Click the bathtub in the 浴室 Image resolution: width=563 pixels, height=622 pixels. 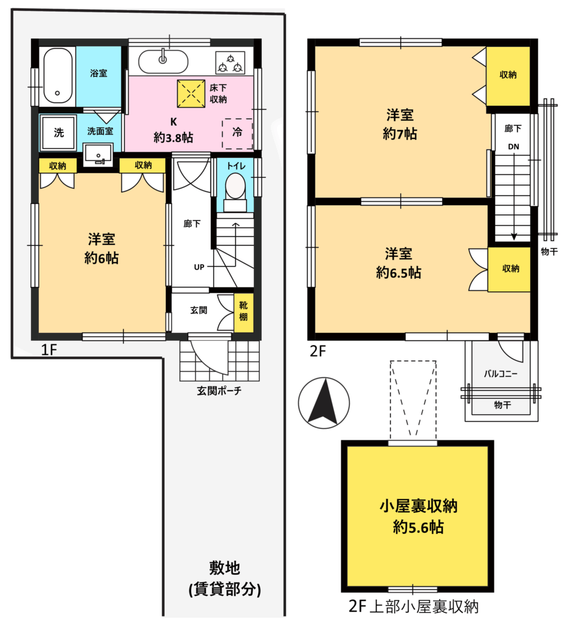coord(58,75)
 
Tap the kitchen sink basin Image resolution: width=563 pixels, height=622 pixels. coord(163,61)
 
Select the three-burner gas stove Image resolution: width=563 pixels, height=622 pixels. coord(230,63)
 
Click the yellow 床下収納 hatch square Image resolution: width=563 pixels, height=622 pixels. coord(191,94)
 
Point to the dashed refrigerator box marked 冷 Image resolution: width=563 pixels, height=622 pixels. coord(237,134)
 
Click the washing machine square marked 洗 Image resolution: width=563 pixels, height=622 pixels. coord(58,132)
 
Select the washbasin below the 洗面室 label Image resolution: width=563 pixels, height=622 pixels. coord(98,154)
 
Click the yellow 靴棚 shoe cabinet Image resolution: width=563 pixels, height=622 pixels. coord(244,313)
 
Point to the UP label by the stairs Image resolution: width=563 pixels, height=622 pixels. coord(199,267)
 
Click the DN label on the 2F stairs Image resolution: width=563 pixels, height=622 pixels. coord(513,146)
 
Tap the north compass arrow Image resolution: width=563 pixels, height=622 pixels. coord(324,401)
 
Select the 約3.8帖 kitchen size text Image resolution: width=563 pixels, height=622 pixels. coord(173,138)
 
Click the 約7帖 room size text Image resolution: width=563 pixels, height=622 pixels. coord(400,134)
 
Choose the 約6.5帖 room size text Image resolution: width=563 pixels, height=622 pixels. coord(399,273)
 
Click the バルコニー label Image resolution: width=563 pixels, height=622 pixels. coord(500,374)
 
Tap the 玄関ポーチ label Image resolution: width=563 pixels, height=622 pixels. coord(219,391)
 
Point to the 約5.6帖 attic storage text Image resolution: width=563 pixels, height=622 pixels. coord(418,527)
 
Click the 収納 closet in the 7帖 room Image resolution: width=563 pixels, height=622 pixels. coord(508,76)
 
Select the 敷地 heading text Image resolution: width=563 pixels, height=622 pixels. coord(225,568)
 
